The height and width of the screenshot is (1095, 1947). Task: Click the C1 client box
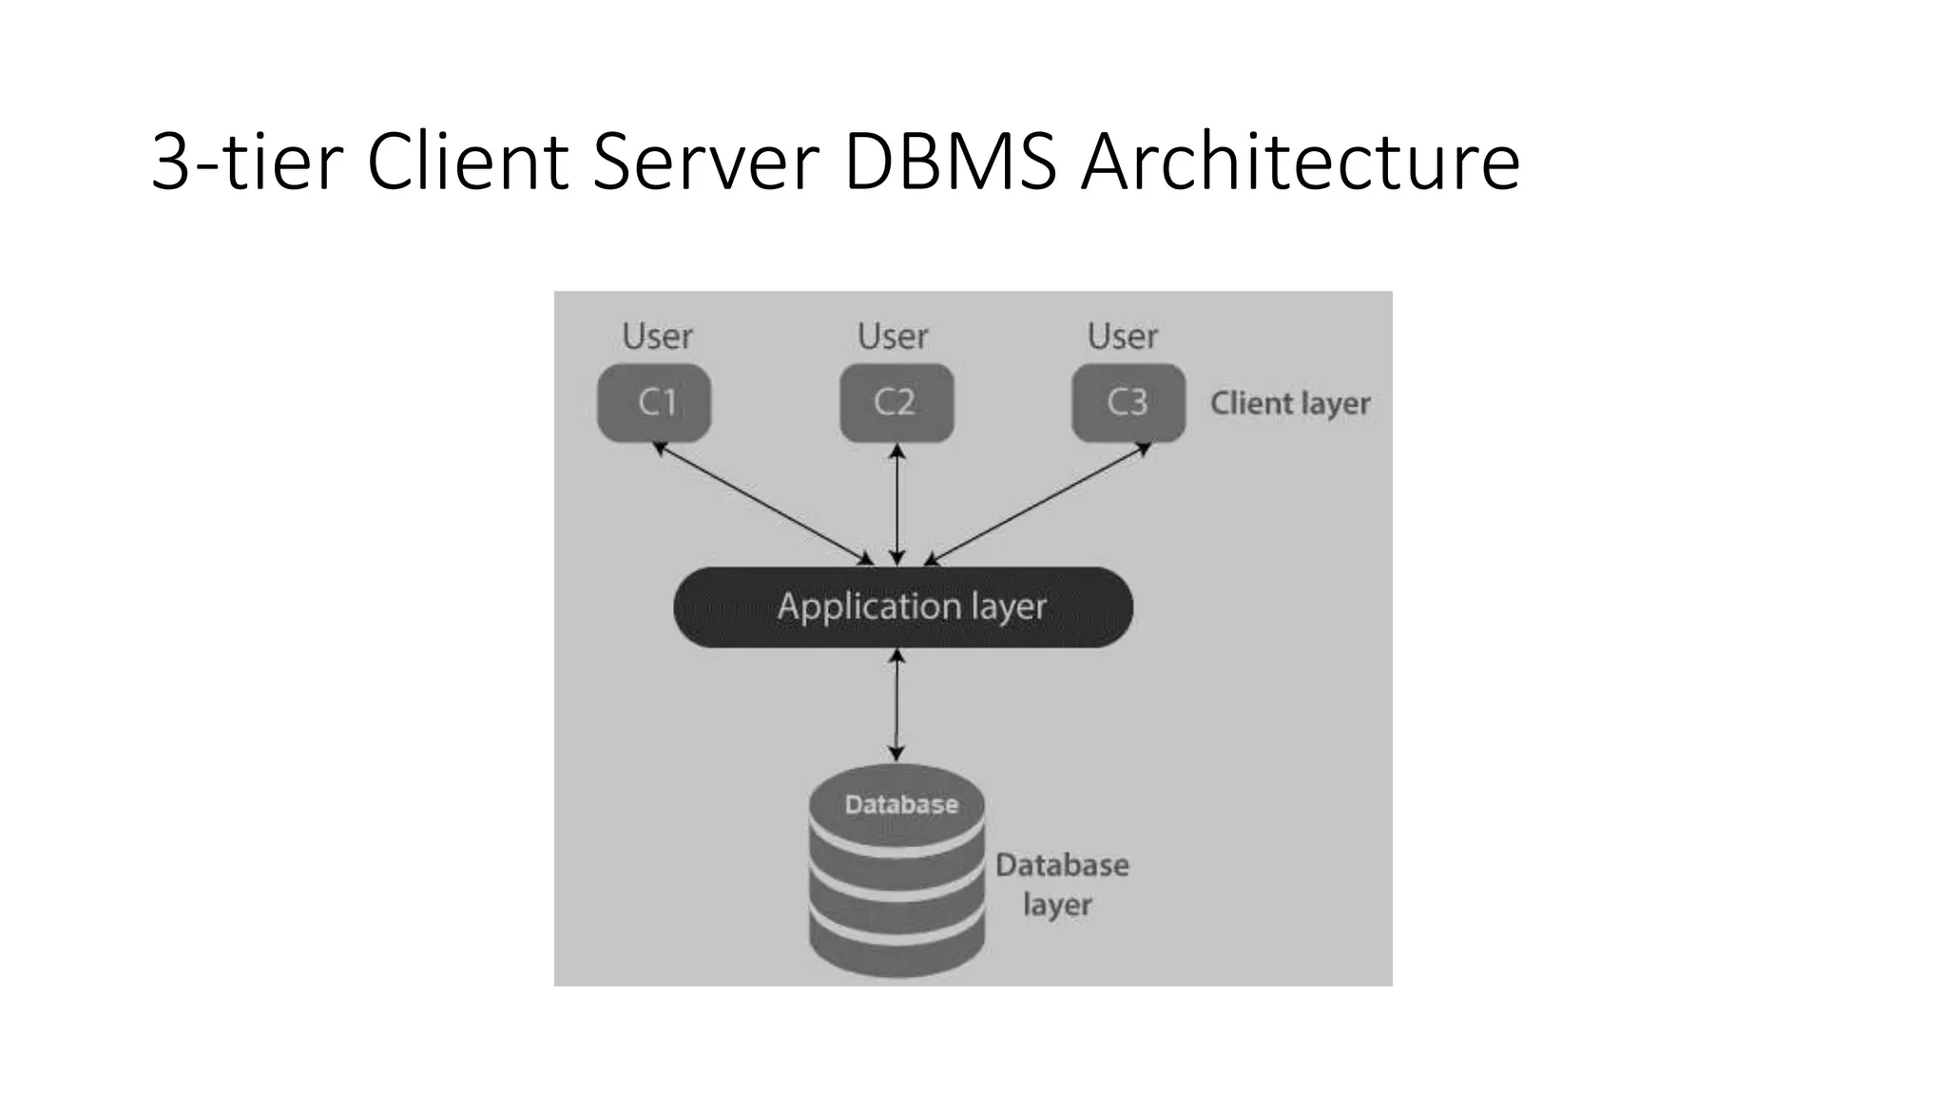tap(654, 402)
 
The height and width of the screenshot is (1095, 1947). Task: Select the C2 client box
tap(896, 402)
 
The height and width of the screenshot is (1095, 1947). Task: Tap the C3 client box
tap(1128, 402)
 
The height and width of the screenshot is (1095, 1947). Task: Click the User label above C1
tap(657, 336)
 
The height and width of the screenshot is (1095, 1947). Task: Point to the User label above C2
tap(893, 336)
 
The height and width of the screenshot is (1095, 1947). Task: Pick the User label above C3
tap(1123, 336)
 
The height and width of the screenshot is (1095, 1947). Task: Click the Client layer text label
tap(1290, 404)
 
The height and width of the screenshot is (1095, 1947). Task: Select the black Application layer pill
tap(903, 607)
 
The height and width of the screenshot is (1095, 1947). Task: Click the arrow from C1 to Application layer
tap(762, 503)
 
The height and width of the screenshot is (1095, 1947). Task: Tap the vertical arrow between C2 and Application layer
tap(896, 504)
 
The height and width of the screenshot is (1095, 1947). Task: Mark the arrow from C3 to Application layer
tap(1038, 503)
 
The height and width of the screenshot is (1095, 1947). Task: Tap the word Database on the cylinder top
tap(901, 805)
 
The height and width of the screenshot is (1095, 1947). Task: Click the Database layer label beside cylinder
tap(1061, 884)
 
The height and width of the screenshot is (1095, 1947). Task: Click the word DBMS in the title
tap(950, 162)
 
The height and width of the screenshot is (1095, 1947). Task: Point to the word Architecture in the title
tap(1301, 162)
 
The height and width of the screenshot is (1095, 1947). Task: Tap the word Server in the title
tap(705, 162)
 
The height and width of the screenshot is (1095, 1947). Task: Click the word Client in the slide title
tap(467, 162)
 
